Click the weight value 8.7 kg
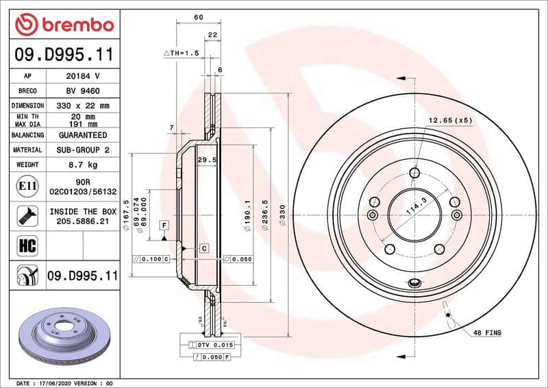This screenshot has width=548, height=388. click(83, 165)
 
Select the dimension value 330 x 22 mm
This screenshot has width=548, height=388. click(83, 106)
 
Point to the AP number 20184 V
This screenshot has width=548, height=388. click(83, 76)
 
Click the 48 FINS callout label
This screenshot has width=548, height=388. click(486, 332)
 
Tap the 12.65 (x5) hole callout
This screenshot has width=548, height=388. click(450, 121)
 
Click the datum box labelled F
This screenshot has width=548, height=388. click(164, 225)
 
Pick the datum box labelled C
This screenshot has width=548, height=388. click(204, 247)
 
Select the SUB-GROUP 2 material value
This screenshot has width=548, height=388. click(83, 149)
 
